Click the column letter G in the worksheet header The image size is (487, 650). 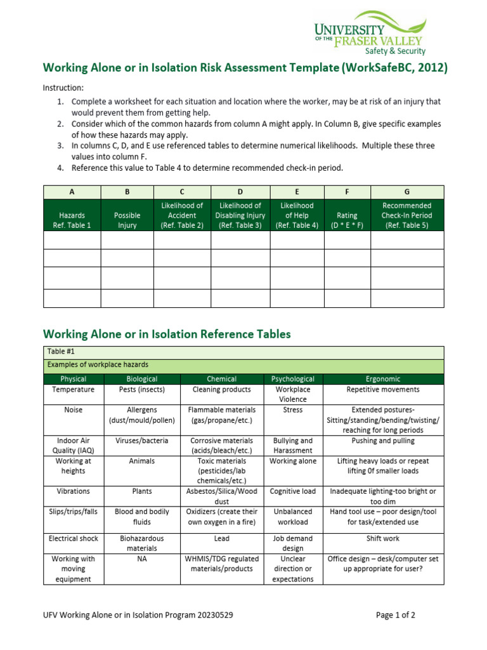tap(407, 191)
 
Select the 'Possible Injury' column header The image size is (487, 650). tap(127, 216)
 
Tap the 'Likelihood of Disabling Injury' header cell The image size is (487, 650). tap(240, 216)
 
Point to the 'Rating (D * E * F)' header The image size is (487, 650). tap(347, 220)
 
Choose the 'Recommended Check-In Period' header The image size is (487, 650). tap(407, 216)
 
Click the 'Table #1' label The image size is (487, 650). tap(61, 352)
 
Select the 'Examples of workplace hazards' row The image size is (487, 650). tap(98, 364)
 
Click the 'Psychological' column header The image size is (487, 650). tap(292, 379)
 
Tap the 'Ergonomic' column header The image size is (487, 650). tap(383, 379)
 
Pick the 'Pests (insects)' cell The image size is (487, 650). tap(141, 390)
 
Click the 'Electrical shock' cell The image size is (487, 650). tap(74, 538)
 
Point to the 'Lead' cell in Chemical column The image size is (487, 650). tap(221, 538)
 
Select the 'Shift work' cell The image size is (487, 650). tap(383, 538)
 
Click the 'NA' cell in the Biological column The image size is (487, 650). tap(141, 559)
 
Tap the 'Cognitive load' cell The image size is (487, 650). tap(292, 491)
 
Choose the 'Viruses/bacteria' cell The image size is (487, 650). tap(141, 441)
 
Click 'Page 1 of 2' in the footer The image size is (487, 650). tap(395, 615)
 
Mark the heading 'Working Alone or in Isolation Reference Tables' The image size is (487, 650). tap(166, 334)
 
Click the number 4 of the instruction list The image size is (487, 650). tap(60, 168)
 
